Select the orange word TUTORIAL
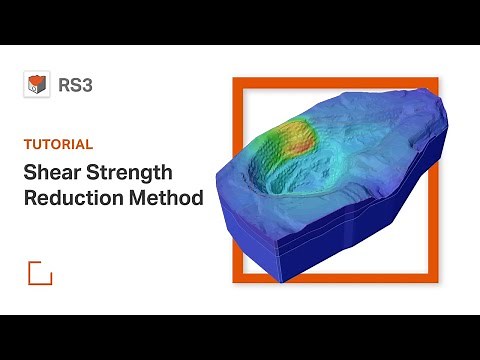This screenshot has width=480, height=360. click(59, 143)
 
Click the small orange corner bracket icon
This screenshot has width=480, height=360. click(39, 272)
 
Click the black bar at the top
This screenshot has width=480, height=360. click(240, 22)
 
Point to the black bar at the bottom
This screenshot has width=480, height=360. click(240, 337)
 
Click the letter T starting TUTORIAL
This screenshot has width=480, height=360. click(27, 143)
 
